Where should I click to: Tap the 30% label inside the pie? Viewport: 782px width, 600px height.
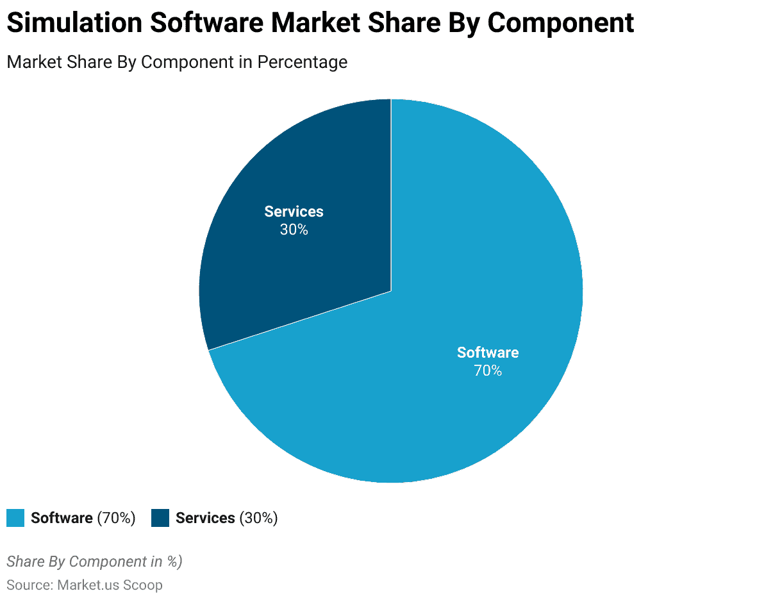point(294,229)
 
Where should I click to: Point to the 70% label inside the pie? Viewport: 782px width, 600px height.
point(488,371)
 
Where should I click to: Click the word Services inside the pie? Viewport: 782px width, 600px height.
point(294,212)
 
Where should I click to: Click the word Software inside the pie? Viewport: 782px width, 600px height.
point(488,353)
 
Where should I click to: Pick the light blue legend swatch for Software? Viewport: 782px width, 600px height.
point(15,518)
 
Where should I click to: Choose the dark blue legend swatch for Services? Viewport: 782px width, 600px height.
point(160,518)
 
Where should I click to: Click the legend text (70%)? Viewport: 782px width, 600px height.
point(116,518)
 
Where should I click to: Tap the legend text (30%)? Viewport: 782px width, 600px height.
point(258,518)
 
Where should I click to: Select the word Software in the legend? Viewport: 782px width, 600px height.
point(62,518)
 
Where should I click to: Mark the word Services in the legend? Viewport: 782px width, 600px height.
point(205,518)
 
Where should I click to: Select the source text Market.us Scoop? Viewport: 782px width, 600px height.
point(110,585)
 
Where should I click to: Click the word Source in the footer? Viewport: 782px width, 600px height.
point(29,585)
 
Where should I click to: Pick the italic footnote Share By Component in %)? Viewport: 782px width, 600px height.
point(94,562)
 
